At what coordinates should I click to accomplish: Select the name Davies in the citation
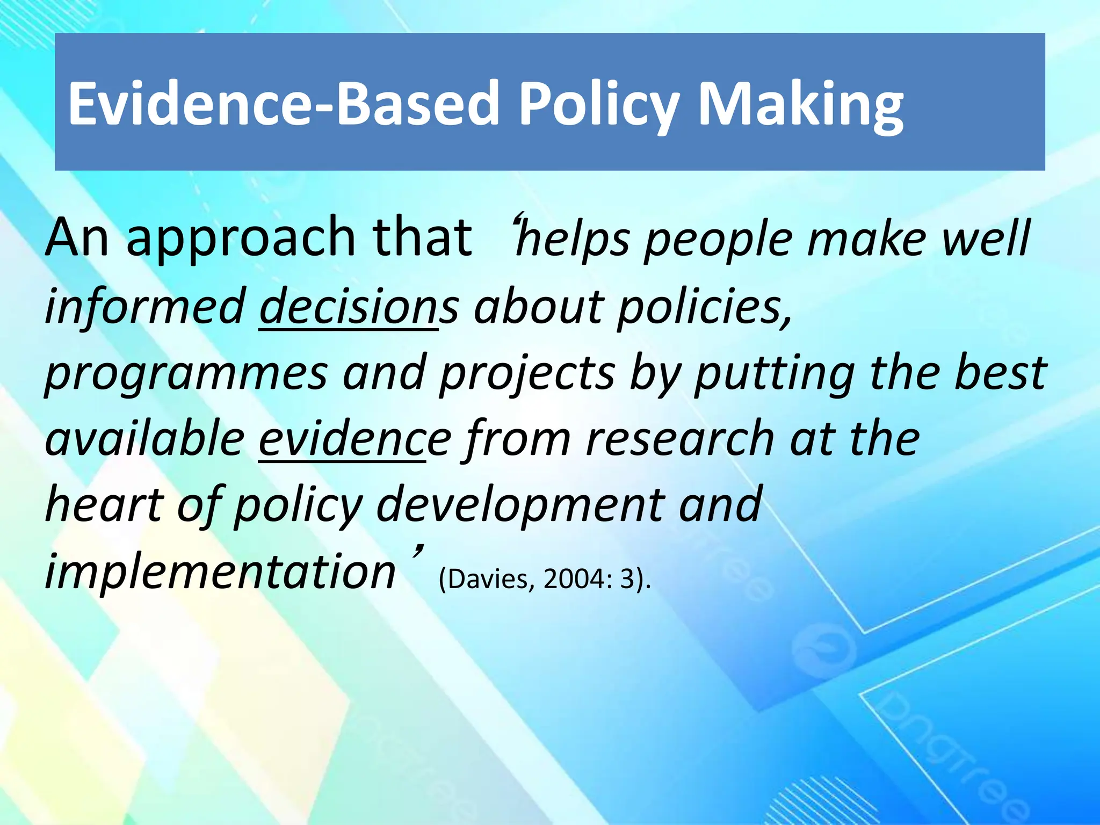click(x=490, y=579)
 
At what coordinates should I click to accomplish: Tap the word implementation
click(x=220, y=571)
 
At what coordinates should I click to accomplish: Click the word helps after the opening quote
click(x=571, y=238)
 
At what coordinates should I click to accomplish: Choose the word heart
click(x=104, y=505)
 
